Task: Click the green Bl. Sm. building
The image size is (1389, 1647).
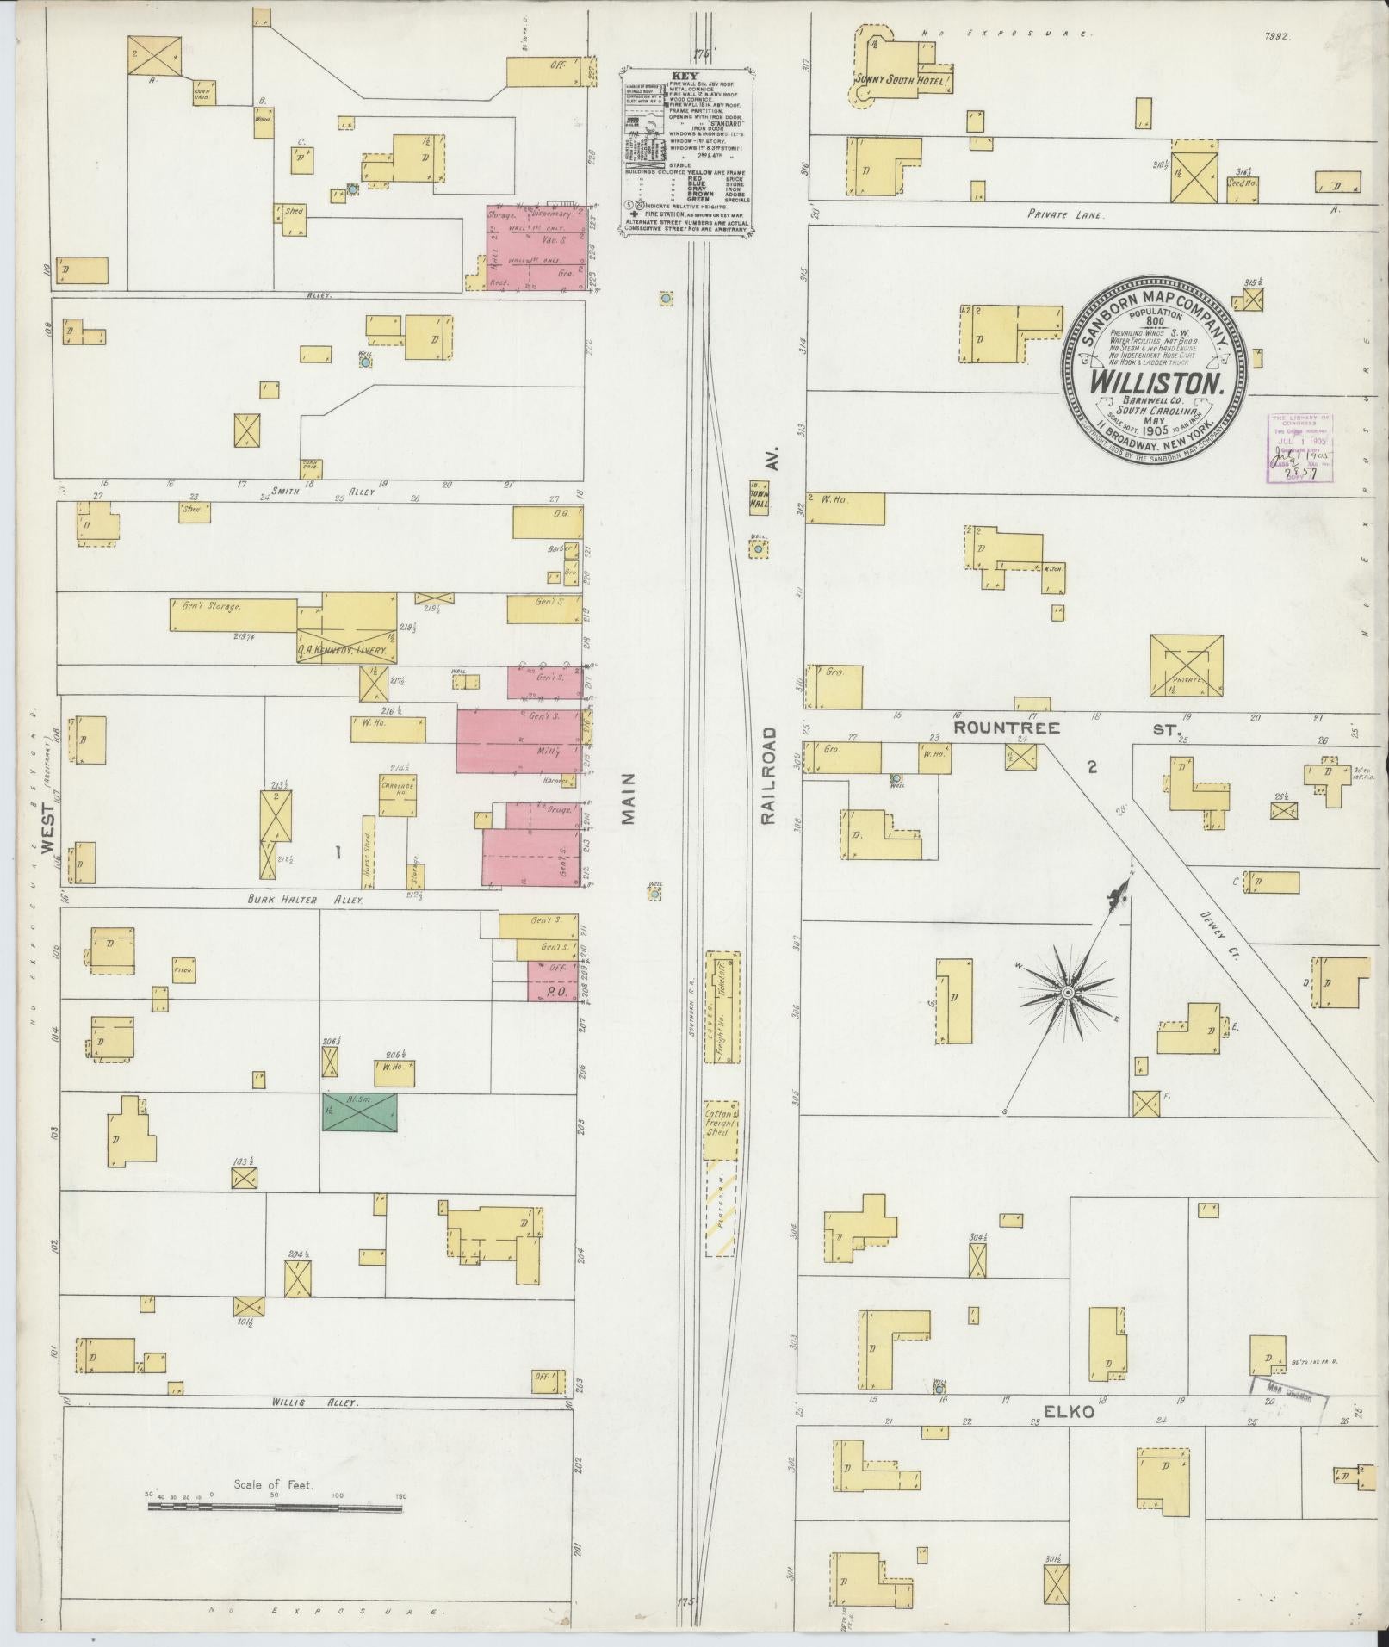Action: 359,1112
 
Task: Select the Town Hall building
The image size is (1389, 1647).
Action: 759,498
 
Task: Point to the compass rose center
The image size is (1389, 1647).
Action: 1068,993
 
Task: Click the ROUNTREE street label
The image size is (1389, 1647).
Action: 1006,728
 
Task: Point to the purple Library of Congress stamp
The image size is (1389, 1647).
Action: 1300,449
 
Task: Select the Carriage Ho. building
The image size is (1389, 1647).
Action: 397,789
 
